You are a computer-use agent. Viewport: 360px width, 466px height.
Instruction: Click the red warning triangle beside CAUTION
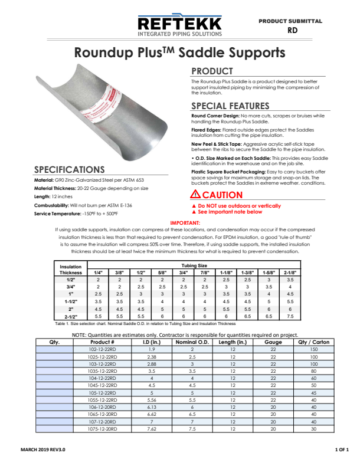point(195,195)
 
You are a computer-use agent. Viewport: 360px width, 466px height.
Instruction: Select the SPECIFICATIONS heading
point(70,170)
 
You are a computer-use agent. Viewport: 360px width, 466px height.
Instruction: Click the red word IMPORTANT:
point(185,223)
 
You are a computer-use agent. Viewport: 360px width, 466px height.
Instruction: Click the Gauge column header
point(273,342)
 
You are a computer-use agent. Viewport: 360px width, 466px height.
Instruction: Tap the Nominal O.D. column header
point(192,342)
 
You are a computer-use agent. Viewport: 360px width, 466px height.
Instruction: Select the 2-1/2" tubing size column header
point(290,273)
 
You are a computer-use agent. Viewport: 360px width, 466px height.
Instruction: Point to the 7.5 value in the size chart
point(290,316)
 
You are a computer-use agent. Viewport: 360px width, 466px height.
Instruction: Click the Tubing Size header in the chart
point(194,265)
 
